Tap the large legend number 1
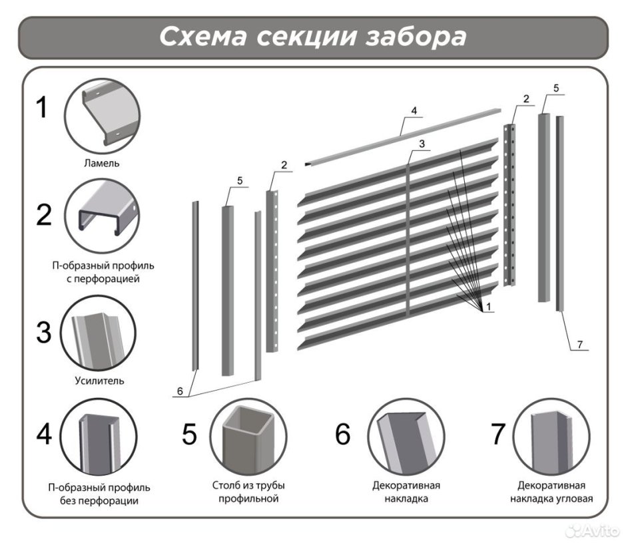(x=42, y=106)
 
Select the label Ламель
(x=102, y=162)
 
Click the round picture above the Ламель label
(x=102, y=114)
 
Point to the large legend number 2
(x=43, y=214)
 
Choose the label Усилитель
(x=99, y=381)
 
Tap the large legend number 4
(x=44, y=434)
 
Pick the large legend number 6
(x=342, y=434)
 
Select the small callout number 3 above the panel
(x=422, y=144)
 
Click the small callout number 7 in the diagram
(x=579, y=344)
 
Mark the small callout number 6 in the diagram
(x=179, y=392)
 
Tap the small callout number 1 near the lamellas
(x=489, y=307)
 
